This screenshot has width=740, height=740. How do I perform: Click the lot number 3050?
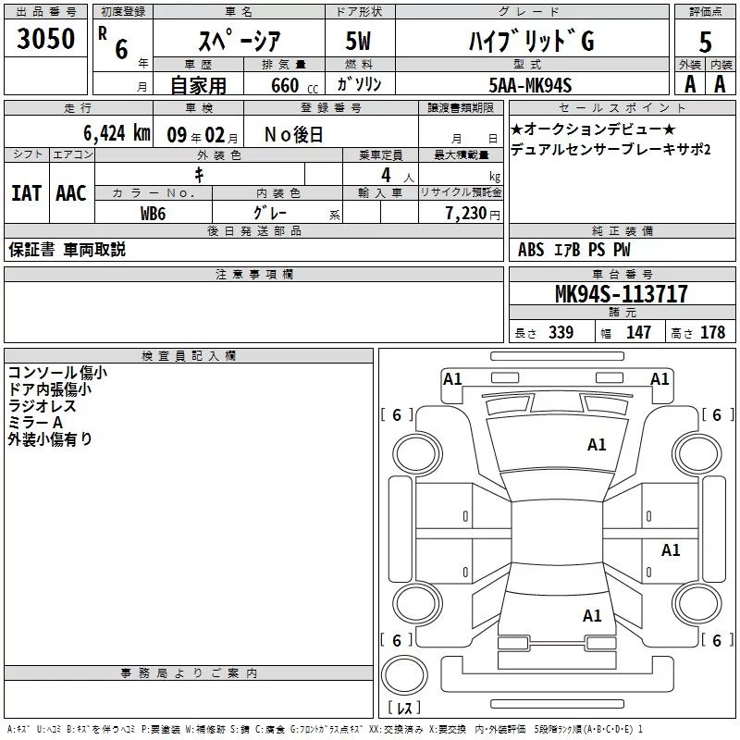pos(45,39)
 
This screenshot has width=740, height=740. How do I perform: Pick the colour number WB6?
pos(154,213)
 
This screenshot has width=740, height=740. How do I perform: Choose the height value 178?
pos(712,333)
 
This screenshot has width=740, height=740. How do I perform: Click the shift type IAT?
pos(26,193)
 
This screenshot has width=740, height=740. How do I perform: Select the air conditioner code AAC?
pos(70,193)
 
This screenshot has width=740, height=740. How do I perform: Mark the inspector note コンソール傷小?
pos(57,373)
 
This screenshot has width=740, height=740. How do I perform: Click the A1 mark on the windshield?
pos(597,445)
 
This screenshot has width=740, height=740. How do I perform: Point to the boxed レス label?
pos(404,709)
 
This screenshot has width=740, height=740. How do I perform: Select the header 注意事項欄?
pos(253,274)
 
